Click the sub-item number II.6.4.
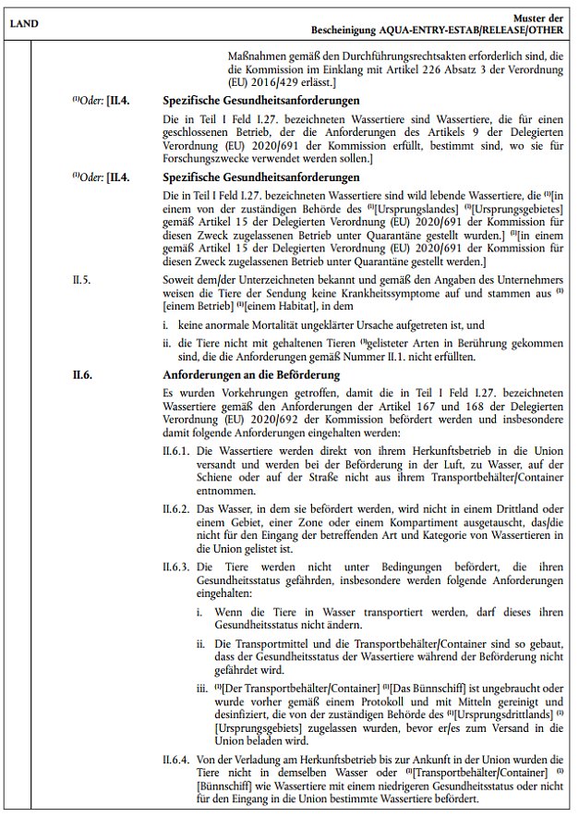tap(176, 757)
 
